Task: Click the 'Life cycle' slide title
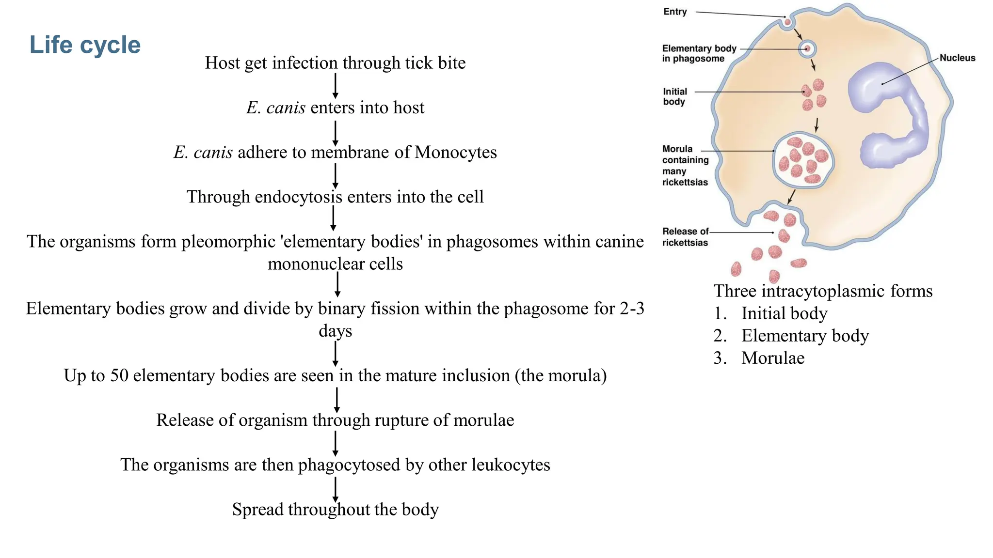click(85, 45)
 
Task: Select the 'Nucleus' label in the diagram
click(957, 58)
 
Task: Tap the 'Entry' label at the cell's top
click(675, 12)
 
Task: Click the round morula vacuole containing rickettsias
click(803, 161)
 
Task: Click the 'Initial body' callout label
click(674, 96)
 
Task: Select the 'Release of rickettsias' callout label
click(685, 237)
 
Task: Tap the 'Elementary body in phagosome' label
click(699, 53)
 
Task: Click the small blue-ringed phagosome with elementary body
click(807, 49)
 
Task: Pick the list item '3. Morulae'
click(759, 358)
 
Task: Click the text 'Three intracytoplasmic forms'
click(823, 291)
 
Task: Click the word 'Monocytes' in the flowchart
click(456, 152)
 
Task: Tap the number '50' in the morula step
click(119, 375)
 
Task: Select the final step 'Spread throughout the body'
click(335, 510)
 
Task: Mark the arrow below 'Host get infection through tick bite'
click(335, 86)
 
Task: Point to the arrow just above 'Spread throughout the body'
click(335, 489)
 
